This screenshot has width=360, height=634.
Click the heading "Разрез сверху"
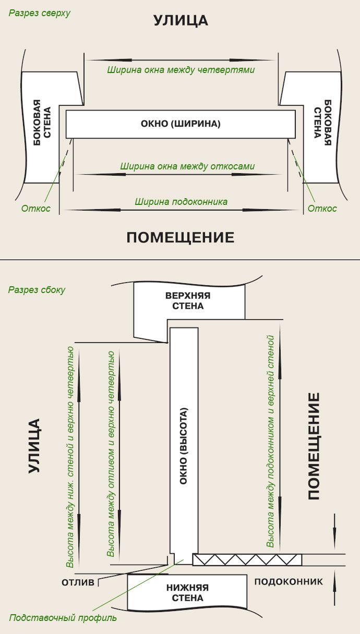tap(39, 13)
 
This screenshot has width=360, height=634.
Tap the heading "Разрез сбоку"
tap(37, 289)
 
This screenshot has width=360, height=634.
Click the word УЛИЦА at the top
tap(181, 20)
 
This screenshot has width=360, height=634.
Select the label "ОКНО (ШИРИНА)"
tap(181, 124)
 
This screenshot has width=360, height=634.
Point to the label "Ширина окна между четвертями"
tap(181, 70)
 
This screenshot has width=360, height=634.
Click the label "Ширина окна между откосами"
tap(187, 166)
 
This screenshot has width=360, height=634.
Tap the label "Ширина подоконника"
tap(181, 201)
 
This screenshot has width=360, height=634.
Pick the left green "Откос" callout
tap(36, 209)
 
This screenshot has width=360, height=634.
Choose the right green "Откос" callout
tap(322, 209)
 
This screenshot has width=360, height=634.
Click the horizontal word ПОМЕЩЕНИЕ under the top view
tap(181, 238)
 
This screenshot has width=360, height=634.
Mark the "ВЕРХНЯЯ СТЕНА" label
tap(188, 300)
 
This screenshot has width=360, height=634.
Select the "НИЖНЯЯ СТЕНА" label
tap(187, 592)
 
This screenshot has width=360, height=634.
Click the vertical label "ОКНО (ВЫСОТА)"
tap(183, 445)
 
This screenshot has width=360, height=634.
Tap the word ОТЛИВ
tap(78, 582)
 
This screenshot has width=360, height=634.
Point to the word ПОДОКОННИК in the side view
tap(289, 581)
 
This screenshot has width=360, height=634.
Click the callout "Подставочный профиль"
tap(63, 618)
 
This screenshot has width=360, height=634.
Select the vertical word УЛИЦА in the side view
tap(34, 445)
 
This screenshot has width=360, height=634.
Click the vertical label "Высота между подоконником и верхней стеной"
tap(270, 441)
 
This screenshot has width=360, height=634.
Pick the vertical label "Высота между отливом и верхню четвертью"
tap(111, 454)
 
